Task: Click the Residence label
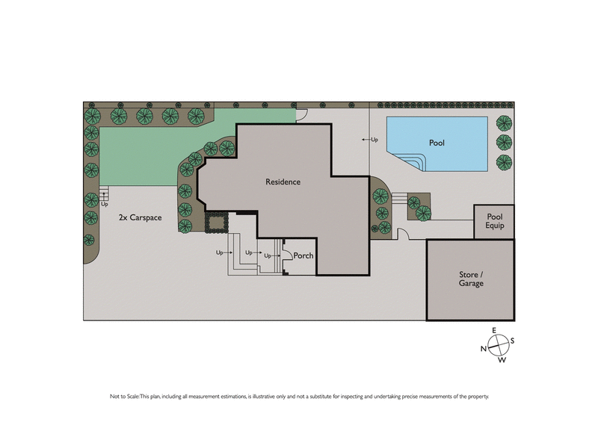point(283,181)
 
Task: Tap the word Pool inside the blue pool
point(437,142)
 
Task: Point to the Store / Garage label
point(471,279)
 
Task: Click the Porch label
point(303,256)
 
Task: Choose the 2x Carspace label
point(140,217)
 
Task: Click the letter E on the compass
point(494,331)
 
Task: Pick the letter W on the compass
point(502,360)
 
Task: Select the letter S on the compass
point(512,341)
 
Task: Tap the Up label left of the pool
point(372,140)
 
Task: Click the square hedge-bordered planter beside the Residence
point(216,222)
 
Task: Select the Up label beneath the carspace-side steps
point(104,204)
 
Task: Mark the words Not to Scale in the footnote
point(125,396)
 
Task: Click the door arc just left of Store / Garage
point(403,235)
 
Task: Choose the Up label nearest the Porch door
point(268,256)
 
